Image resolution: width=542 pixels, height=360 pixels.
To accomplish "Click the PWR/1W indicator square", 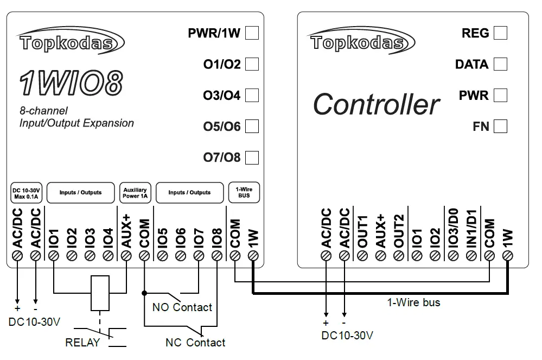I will pyautogui.click(x=252, y=33).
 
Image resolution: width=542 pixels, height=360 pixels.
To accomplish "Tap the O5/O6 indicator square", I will pyautogui.click(x=252, y=127).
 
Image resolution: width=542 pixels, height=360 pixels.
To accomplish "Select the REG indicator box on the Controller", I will pyautogui.click(x=500, y=33).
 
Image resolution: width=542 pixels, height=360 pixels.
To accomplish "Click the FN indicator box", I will pyautogui.click(x=500, y=127).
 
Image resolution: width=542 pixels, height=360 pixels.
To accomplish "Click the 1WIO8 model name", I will pyautogui.click(x=71, y=83).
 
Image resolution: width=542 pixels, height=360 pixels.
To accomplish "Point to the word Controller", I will pyautogui.click(x=376, y=104).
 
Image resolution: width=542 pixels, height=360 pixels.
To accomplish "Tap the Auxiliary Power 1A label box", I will pyautogui.click(x=135, y=193).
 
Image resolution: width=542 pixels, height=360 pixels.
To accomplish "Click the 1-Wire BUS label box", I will pyautogui.click(x=244, y=193).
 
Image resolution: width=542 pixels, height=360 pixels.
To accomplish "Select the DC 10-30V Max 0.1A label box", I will pyautogui.click(x=25, y=193).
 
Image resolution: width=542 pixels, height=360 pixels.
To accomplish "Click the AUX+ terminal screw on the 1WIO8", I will pyautogui.click(x=126, y=256).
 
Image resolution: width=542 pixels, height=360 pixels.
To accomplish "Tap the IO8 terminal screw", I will pyautogui.click(x=216, y=256).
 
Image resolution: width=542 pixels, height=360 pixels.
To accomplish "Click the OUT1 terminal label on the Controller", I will pyautogui.click(x=362, y=231).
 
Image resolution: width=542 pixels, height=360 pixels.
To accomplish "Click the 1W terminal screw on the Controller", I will pyautogui.click(x=507, y=256).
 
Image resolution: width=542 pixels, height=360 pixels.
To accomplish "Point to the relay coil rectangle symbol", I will pyautogui.click(x=100, y=293).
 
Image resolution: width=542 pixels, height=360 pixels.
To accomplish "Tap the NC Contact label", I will pyautogui.click(x=195, y=343).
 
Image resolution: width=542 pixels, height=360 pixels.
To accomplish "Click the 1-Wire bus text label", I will pyautogui.click(x=413, y=302).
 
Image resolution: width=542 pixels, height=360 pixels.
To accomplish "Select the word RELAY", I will pyautogui.click(x=82, y=343).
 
